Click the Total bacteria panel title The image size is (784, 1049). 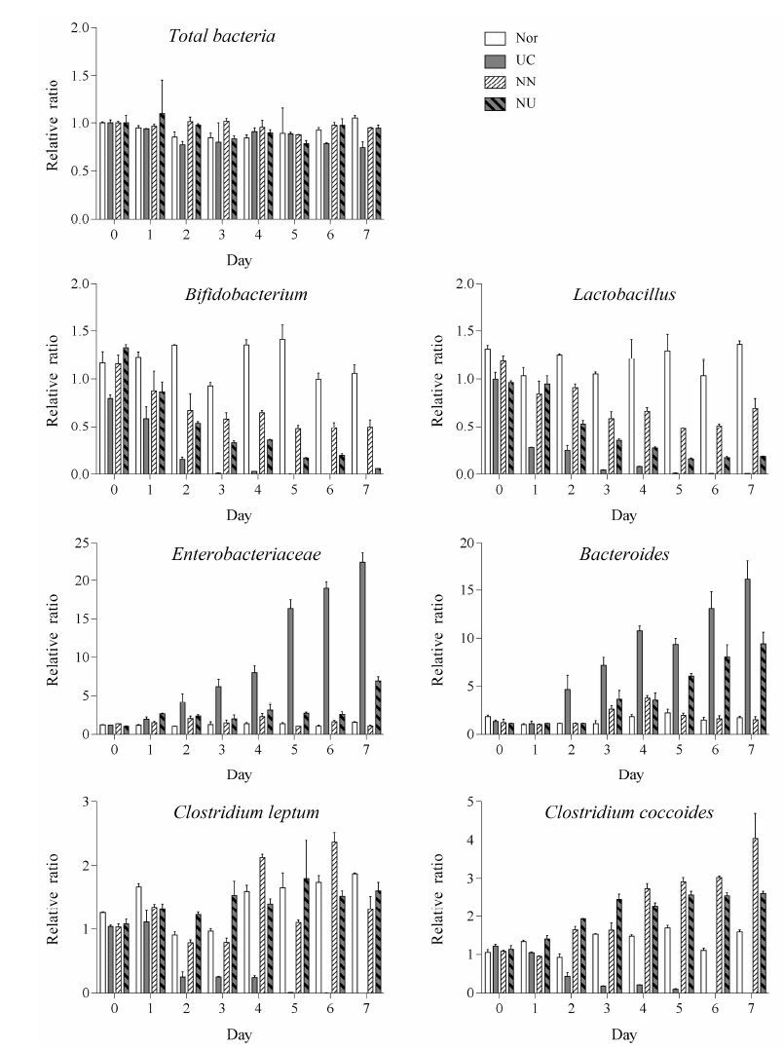click(x=222, y=37)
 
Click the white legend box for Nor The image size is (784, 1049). click(x=495, y=39)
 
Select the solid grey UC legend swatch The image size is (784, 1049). click(x=495, y=60)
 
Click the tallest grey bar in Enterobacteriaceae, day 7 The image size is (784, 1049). click(x=361, y=648)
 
